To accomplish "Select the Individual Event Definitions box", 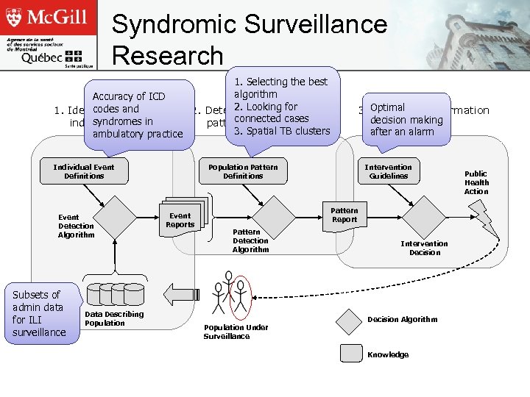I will (84, 171).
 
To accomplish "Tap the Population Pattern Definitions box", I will (243, 171).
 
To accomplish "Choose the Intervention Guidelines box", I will (388, 171).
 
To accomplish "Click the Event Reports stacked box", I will (180, 220).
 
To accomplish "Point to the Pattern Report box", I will (344, 215).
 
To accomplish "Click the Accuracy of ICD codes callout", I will (138, 115).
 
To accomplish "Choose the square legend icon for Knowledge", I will (350, 353).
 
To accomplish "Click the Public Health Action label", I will (476, 182).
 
